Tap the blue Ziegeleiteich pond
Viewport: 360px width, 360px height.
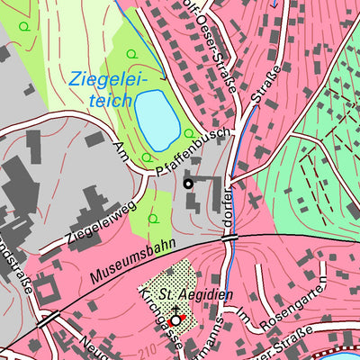[157, 121]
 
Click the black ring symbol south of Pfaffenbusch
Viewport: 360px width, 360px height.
[187, 184]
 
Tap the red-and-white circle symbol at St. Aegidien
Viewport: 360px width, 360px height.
[175, 319]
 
